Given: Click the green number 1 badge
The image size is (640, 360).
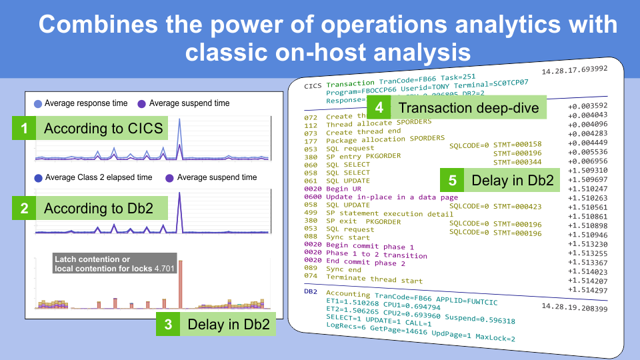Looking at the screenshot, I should [24, 129].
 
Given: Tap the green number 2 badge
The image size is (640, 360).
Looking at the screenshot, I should [24, 209].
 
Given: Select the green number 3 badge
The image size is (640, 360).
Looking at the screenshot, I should [169, 325].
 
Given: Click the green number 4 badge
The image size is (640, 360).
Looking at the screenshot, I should [379, 108].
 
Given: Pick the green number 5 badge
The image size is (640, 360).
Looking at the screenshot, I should [453, 180].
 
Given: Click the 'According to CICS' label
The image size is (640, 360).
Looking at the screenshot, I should [103, 129].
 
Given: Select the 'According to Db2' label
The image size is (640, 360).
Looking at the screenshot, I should [103, 209].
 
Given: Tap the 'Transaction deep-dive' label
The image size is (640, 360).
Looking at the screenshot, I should [469, 108].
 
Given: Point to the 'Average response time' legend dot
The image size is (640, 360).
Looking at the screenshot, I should [37, 103].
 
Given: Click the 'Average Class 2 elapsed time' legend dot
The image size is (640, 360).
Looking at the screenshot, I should [37, 177].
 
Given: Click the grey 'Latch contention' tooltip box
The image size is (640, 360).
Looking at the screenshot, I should [115, 263].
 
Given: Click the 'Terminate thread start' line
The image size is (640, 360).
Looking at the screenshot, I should [374, 279].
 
